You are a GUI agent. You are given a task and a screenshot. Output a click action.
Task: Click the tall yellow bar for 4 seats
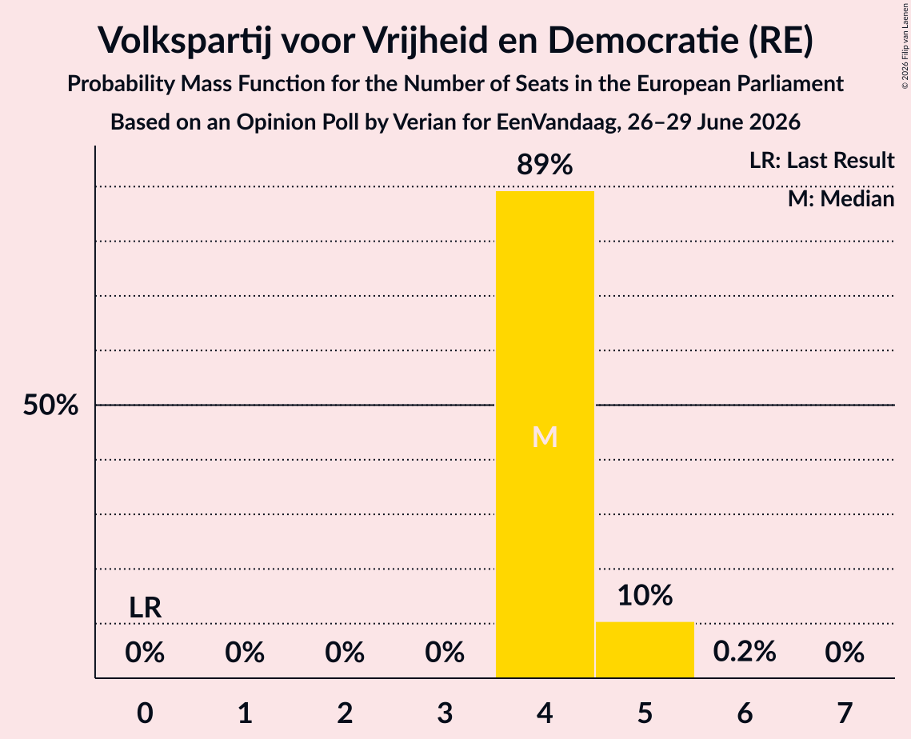tap(545, 434)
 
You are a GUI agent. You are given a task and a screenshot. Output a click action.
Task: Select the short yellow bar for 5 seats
tap(645, 649)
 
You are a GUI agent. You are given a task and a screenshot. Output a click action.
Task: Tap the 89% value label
tap(545, 165)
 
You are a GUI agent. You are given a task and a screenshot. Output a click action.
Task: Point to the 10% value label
tap(645, 596)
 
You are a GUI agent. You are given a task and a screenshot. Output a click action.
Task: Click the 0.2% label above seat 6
tap(745, 652)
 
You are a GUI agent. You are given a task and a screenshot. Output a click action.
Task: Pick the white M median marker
tap(545, 437)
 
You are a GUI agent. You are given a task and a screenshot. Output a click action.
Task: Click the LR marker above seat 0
tap(146, 608)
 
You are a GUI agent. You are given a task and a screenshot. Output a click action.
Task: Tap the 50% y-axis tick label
tap(50, 405)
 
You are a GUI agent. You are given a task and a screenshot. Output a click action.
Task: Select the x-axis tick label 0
tap(146, 713)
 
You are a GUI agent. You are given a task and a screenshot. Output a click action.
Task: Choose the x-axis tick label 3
tap(445, 713)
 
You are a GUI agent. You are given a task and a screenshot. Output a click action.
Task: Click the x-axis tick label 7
tap(845, 713)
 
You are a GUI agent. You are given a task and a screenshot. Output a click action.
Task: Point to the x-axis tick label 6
tap(745, 713)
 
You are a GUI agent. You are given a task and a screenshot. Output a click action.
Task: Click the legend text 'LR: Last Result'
tap(822, 160)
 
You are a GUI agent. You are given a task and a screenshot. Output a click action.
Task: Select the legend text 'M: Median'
tap(841, 199)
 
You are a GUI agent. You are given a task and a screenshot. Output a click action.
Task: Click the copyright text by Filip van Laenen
tap(905, 46)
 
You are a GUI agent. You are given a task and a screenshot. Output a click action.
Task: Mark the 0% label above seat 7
tap(845, 652)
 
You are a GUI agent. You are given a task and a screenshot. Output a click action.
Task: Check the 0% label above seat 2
tap(345, 652)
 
